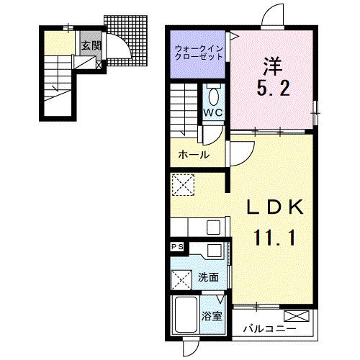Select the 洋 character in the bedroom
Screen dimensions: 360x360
pos(273,65)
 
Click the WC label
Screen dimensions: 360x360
pos(212,114)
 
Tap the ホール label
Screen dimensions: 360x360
pos(194,155)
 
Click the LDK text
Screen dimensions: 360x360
pos(273,207)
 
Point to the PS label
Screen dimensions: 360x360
pos(177,247)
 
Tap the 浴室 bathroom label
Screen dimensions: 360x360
pos(212,314)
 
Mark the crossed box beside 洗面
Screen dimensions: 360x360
pos(181,277)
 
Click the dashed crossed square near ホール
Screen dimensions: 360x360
pos(181,184)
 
